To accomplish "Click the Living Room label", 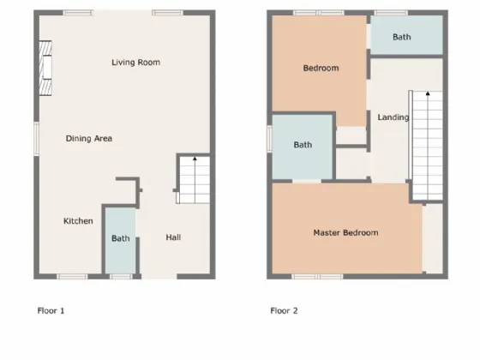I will (135, 62).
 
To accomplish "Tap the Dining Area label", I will (89, 138).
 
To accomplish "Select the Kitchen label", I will (78, 221).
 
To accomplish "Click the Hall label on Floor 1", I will (173, 237).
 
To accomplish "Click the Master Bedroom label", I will (345, 232).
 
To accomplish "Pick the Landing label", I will (393, 117).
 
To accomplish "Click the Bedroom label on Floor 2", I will (321, 69).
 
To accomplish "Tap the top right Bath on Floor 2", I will (402, 37).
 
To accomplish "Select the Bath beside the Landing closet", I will (303, 145).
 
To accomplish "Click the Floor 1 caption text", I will (51, 310).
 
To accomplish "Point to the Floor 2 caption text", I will (284, 310).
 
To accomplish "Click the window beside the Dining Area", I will (37, 139).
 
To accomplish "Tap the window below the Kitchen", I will (72, 276).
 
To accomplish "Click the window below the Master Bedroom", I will (317, 276).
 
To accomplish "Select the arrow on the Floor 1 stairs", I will (195, 160).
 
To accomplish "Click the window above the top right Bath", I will (390, 13).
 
